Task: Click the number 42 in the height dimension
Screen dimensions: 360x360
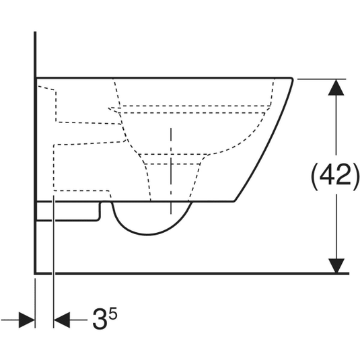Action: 335,175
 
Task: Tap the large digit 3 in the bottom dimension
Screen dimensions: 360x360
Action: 100,319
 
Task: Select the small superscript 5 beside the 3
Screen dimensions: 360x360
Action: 113,313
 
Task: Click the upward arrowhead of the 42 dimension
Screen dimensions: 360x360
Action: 336,87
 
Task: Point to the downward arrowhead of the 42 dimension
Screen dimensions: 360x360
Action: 336,266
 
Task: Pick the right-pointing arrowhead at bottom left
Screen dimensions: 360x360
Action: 27,320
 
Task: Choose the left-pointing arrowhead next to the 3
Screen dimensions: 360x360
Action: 62,320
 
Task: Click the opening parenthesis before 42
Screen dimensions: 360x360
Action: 314,176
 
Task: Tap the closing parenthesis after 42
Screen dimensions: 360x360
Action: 355,176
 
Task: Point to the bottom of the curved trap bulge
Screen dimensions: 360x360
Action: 147,234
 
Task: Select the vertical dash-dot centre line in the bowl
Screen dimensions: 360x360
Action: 171,171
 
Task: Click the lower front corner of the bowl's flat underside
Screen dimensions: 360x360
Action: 234,201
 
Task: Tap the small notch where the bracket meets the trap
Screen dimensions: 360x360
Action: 106,202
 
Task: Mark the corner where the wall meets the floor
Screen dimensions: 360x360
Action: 35,273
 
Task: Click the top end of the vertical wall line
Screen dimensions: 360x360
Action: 35,32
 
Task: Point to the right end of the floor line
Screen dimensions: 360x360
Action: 349,273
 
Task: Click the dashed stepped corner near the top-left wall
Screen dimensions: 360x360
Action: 56,90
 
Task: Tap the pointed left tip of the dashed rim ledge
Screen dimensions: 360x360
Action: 109,108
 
